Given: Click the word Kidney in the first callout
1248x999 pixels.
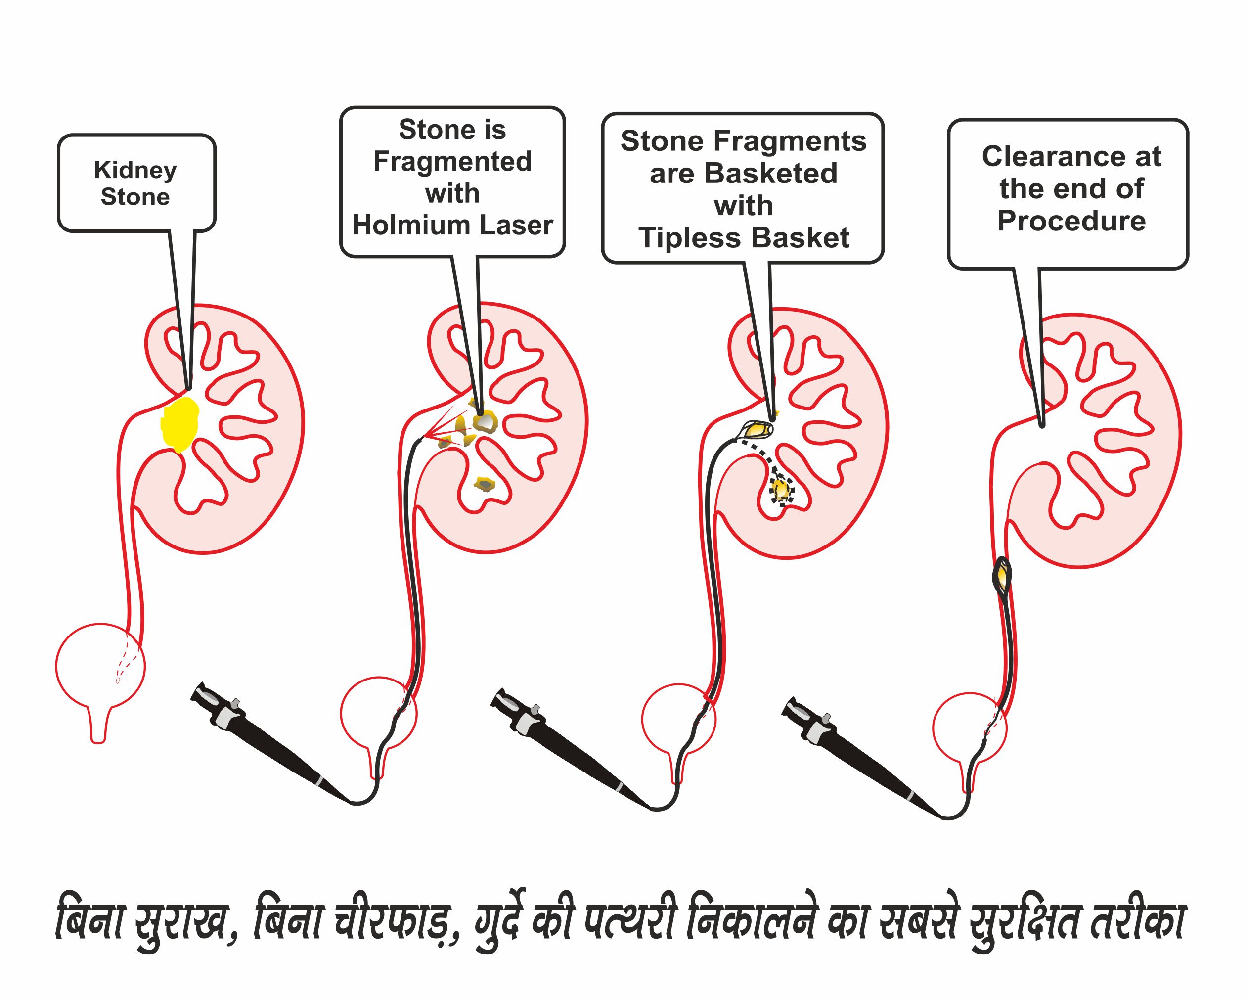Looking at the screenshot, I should click(135, 170).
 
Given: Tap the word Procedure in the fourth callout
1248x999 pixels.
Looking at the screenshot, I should click(1071, 221).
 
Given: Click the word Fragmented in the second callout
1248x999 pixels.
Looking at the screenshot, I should click(452, 161).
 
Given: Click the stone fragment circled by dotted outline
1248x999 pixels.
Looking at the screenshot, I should click(781, 490).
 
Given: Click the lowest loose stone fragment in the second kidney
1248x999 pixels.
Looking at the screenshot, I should click(484, 484).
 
